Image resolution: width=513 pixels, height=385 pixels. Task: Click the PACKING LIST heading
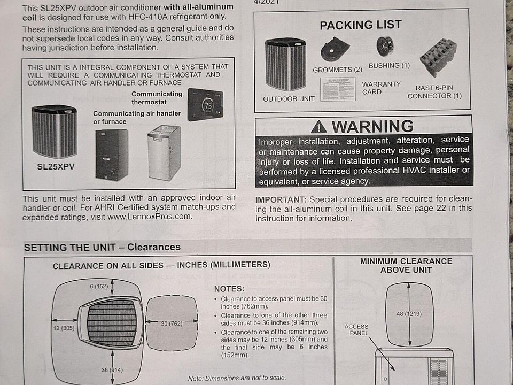tap(361, 25)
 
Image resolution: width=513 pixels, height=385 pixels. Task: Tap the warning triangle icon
tap(318, 127)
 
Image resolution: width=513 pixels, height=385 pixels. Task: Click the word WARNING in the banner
tap(373, 126)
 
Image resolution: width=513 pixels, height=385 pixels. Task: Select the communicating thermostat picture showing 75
tap(205, 104)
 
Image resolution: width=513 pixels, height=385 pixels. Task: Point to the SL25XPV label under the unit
tap(56, 167)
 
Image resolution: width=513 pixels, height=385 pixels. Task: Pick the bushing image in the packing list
tap(385, 47)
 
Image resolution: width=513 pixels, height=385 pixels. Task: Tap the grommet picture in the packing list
tap(335, 49)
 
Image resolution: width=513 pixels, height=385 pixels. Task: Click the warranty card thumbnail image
tap(338, 89)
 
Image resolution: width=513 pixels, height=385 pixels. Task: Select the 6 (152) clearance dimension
tap(99, 287)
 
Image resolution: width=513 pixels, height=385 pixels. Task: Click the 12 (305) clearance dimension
tap(64, 328)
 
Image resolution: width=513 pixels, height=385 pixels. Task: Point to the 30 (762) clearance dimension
tap(172, 324)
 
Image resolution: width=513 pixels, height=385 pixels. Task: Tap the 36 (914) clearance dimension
tap(112, 370)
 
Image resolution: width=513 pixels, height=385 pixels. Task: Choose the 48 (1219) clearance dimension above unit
tap(409, 314)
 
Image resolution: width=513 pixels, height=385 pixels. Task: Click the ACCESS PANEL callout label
tap(356, 330)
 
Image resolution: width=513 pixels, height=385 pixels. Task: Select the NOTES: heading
tap(229, 289)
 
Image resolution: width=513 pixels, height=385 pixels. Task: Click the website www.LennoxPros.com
tap(149, 217)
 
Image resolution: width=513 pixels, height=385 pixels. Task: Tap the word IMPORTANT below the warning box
tap(281, 199)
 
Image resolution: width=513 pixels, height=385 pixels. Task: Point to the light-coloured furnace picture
tap(164, 152)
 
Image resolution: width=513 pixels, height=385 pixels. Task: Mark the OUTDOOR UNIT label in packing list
tap(289, 99)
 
